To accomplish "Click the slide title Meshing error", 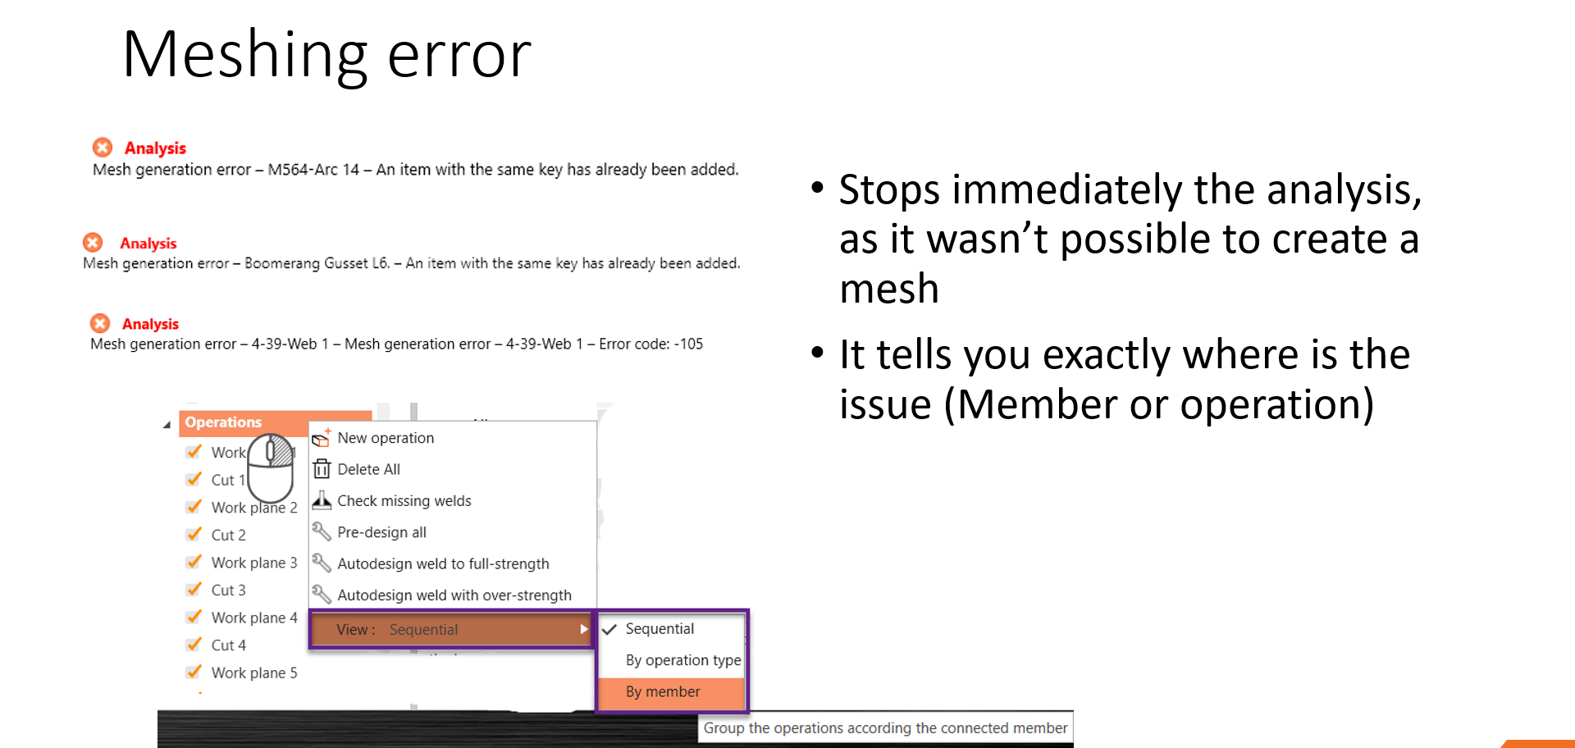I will [326, 55].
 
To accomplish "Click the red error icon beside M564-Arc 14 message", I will [103, 148].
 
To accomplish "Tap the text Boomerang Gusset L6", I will [317, 263].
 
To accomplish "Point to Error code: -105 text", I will [651, 344].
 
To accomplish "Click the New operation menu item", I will [386, 438].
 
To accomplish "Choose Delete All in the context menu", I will [368, 469].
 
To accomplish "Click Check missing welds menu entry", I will [404, 501].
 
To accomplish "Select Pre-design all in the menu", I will [381, 532].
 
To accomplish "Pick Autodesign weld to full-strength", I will [443, 564].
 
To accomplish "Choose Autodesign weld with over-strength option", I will [454, 595].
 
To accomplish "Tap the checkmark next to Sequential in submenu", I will [609, 629].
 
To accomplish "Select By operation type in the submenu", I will [682, 660].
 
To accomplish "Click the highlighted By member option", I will [663, 692].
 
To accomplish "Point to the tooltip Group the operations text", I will [885, 728].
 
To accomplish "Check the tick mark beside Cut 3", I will [194, 590].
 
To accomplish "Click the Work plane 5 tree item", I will [253, 673].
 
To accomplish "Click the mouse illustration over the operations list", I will [271, 467].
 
